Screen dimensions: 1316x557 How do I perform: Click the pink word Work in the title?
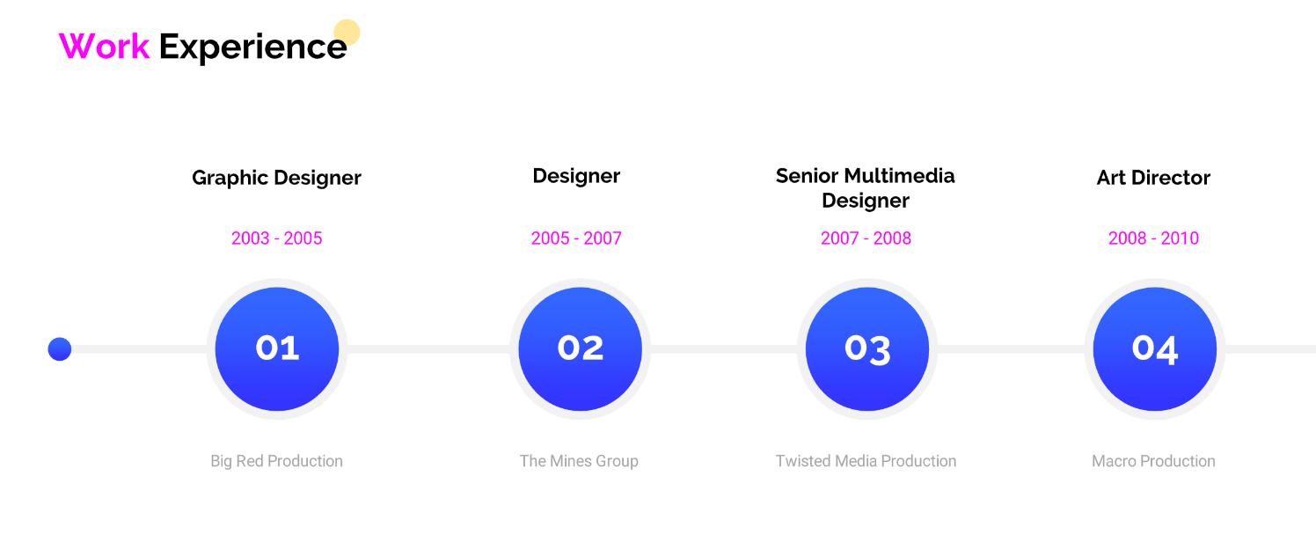[104, 46]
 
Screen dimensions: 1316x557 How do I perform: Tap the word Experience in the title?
[252, 47]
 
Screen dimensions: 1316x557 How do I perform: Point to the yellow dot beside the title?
[347, 33]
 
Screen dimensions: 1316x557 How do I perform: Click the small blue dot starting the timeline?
[59, 349]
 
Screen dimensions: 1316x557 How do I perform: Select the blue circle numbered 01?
[277, 349]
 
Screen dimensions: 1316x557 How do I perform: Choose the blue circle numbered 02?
[580, 349]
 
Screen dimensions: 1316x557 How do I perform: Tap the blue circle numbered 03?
[867, 349]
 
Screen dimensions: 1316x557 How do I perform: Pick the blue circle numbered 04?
[1154, 349]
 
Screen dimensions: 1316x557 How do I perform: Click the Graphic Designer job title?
[276, 178]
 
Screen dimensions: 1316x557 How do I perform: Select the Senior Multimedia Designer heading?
[866, 188]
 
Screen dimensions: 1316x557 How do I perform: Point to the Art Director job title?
[1153, 178]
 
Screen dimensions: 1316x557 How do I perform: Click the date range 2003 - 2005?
[277, 238]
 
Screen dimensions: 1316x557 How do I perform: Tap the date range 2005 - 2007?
[575, 238]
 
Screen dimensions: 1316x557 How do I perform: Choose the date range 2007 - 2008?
[866, 238]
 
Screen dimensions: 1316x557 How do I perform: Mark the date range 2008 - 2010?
[1153, 238]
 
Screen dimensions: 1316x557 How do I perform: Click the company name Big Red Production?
[277, 461]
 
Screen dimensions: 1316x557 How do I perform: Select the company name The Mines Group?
[579, 461]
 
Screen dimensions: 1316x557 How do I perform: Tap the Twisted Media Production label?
[866, 461]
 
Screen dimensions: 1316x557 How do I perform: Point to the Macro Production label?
[1153, 461]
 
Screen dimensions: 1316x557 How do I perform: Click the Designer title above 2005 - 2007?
[576, 176]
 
